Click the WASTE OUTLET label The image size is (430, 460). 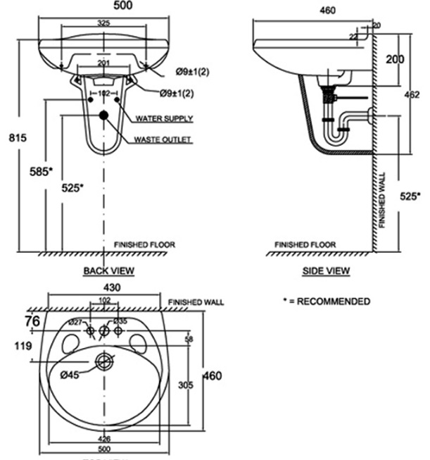click(x=163, y=140)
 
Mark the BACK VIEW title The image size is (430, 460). click(x=108, y=270)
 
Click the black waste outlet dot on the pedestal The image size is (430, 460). click(x=103, y=115)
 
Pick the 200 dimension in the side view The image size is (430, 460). click(x=395, y=59)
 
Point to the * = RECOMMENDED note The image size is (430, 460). click(x=326, y=302)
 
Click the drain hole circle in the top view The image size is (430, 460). click(x=104, y=362)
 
